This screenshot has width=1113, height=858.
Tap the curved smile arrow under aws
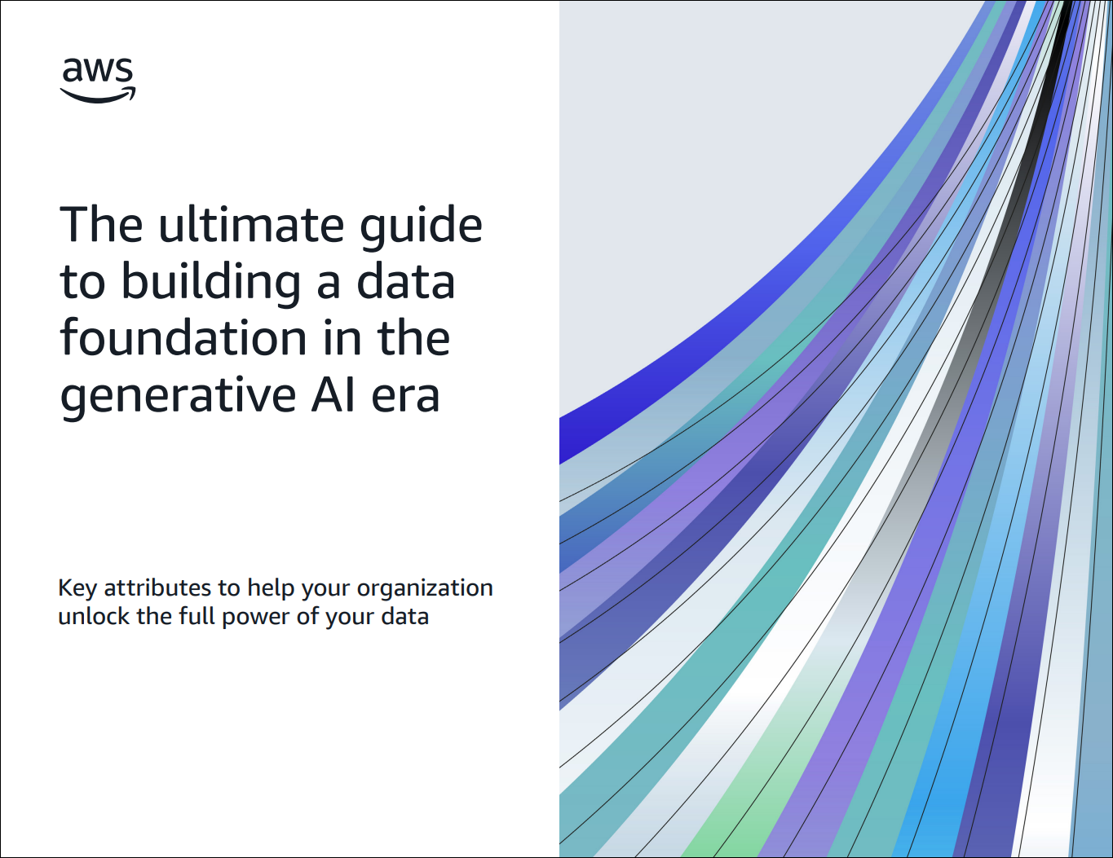click(97, 95)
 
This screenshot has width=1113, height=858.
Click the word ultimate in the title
click(251, 225)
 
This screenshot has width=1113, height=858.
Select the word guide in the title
click(421, 228)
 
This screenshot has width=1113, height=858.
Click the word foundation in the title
click(183, 337)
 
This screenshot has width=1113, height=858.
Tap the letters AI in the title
click(333, 394)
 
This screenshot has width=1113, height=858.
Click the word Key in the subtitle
click(77, 589)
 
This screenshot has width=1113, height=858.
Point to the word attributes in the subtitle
click(157, 587)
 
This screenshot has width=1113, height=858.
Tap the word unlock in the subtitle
click(94, 616)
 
